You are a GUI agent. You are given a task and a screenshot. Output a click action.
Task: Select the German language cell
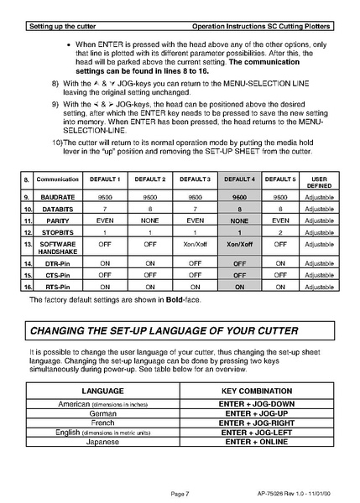click(x=102, y=413)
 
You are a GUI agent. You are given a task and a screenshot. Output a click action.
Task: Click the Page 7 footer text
click(x=179, y=493)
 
